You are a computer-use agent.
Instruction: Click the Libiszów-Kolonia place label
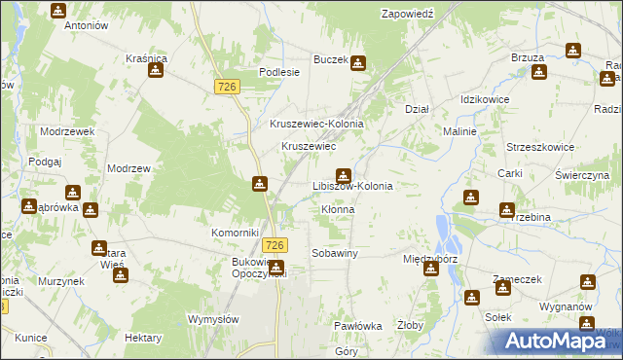tap(351, 185)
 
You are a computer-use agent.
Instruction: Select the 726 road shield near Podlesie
tap(227, 88)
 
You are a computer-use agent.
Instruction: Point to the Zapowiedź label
tap(407, 14)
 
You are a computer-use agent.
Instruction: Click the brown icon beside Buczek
tap(358, 64)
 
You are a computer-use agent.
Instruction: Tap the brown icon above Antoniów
tap(58, 11)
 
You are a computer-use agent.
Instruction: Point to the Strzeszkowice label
tap(539, 147)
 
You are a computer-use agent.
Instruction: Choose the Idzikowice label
tap(486, 100)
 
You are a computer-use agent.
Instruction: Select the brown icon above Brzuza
tap(572, 51)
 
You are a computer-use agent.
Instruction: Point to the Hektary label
tap(143, 337)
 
